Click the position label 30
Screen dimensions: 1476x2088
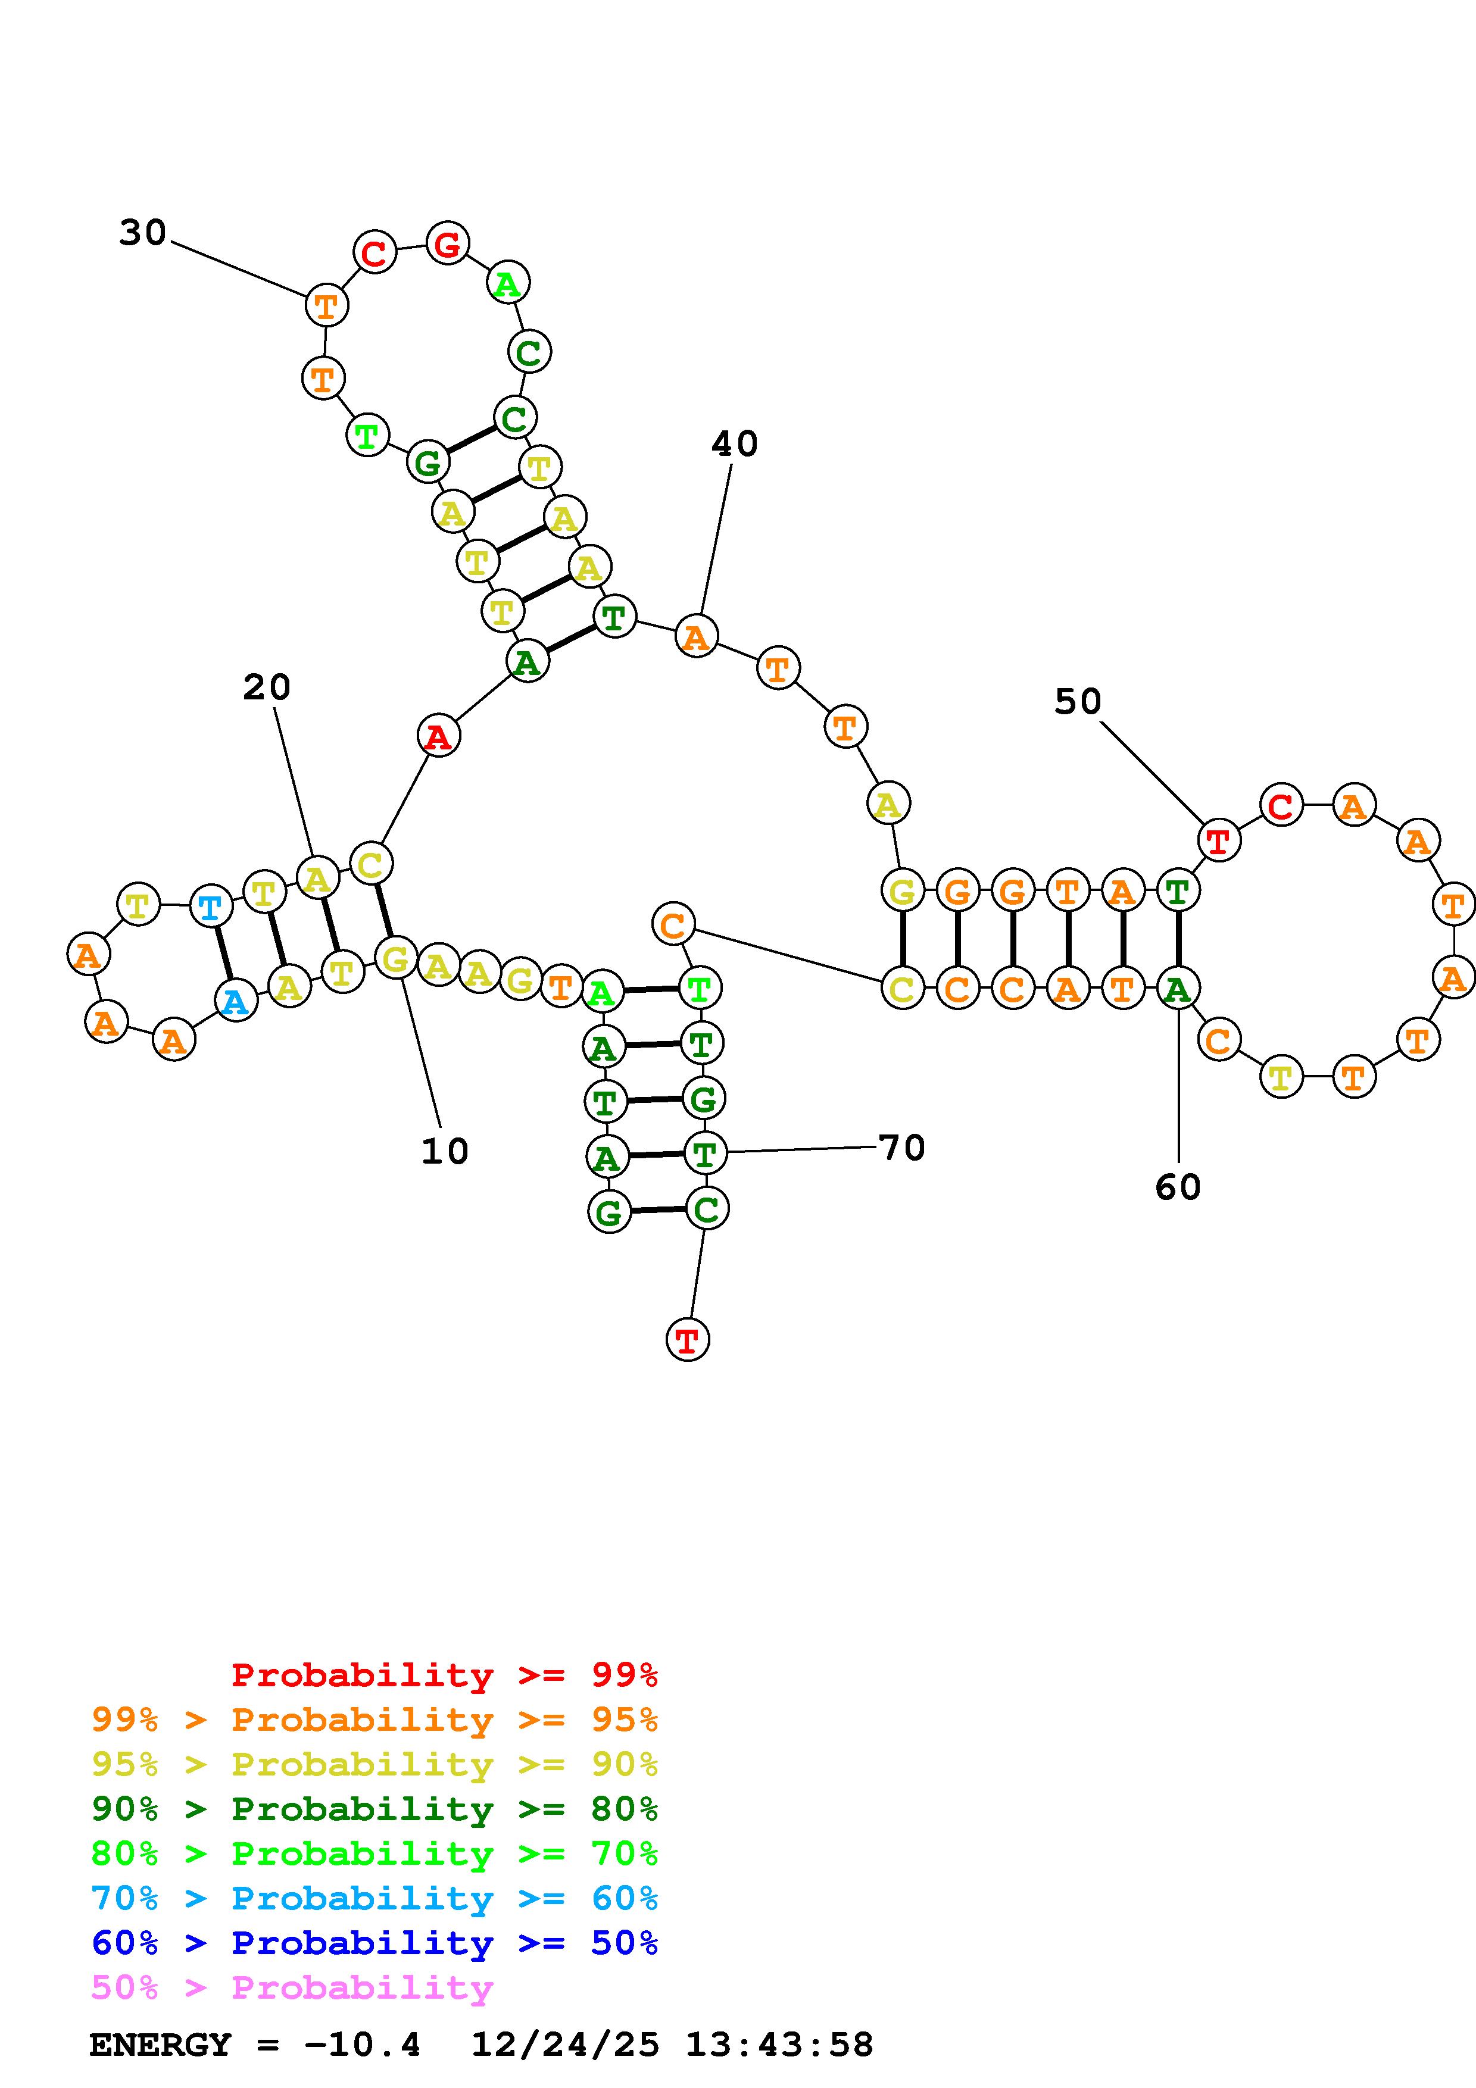tap(143, 233)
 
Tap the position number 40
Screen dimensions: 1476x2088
tap(734, 444)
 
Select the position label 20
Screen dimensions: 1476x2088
tap(267, 687)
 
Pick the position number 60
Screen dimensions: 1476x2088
tap(1178, 1187)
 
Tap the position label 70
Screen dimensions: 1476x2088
tap(902, 1148)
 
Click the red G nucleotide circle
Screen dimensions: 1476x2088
tap(447, 243)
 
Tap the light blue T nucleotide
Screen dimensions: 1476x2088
tap(210, 908)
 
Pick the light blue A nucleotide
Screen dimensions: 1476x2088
tap(236, 1001)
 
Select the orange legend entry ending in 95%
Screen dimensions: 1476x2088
tap(375, 1720)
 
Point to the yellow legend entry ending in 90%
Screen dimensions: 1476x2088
tap(375, 1764)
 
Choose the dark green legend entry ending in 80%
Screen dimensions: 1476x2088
tap(375, 1809)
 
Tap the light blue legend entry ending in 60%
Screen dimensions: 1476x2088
tap(375, 1898)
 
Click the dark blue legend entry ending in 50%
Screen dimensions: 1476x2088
tap(375, 1943)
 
